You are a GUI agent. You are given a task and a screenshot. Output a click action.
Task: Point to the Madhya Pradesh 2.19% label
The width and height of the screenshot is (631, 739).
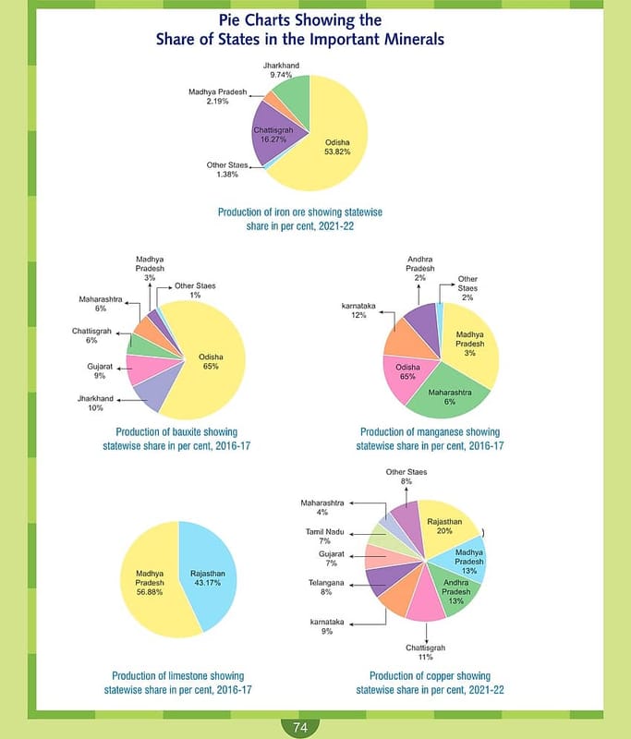[218, 96]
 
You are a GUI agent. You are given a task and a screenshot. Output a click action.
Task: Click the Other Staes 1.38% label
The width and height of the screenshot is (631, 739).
[225, 170]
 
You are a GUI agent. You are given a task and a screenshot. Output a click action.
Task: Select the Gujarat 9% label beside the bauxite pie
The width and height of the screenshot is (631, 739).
[100, 371]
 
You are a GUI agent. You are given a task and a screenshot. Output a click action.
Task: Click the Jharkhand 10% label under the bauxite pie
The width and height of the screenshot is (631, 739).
[95, 404]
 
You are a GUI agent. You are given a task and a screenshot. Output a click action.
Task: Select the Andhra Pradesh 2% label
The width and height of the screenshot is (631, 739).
[420, 269]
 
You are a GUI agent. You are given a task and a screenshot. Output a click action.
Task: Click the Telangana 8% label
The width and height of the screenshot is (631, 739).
[326, 588]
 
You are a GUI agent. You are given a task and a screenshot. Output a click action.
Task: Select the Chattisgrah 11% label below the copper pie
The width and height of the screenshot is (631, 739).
[427, 653]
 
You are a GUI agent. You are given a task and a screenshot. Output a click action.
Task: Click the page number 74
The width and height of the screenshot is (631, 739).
[300, 728]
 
